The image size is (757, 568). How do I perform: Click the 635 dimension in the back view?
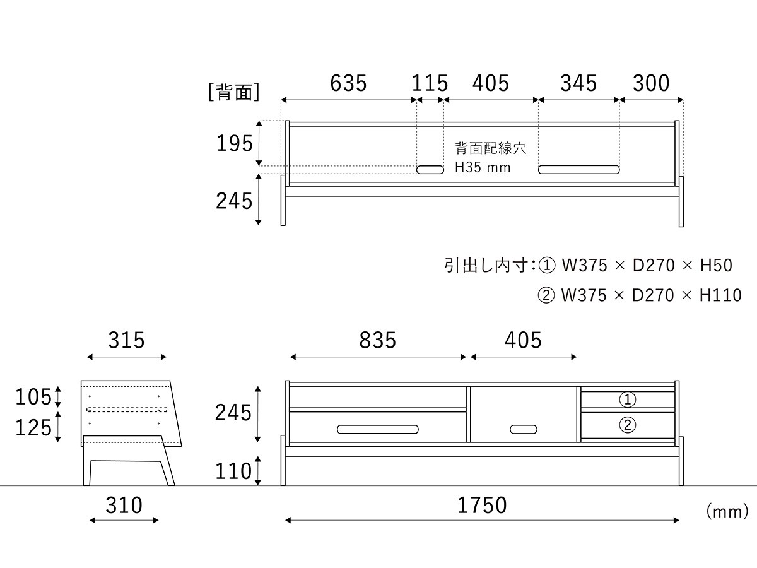348,83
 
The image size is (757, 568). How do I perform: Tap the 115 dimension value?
430,83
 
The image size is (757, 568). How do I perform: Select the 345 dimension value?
578,83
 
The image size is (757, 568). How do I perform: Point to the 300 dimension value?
651,83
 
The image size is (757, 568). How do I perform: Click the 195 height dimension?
235,143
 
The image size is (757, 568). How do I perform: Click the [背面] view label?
234,92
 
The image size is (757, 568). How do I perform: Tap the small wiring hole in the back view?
430,170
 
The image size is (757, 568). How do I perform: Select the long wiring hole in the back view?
578,170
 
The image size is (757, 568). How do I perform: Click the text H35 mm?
483,168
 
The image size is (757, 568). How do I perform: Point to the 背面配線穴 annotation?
490,148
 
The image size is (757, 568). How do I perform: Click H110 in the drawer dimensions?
720,295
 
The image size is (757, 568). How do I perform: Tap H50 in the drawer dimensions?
716,266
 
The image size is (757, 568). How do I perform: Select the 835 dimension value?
378,340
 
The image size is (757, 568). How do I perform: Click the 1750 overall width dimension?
482,506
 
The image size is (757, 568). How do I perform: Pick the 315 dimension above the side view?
126,340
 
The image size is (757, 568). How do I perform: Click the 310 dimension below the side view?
124,506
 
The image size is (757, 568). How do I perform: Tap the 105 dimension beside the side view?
33,396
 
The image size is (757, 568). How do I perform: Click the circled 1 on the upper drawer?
627,399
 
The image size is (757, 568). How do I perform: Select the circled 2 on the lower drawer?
627,425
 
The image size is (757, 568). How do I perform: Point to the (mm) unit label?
727,511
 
